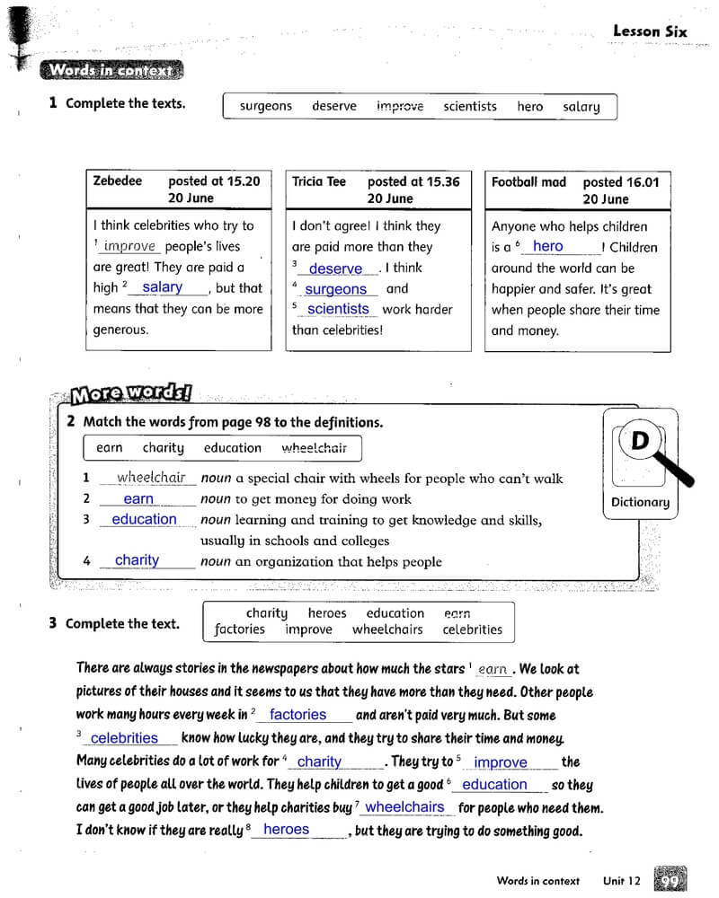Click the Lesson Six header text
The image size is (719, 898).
coord(649,31)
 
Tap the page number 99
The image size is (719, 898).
coord(670,881)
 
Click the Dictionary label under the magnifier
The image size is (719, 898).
coord(640,502)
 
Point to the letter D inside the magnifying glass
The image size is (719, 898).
coord(640,441)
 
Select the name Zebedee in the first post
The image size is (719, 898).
coord(118,180)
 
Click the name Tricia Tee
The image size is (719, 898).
coord(319,181)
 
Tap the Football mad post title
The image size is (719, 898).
coord(528,181)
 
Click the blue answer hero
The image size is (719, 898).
coord(547,246)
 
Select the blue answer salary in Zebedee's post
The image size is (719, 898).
coord(163,287)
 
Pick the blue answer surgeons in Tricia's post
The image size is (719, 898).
coord(335,289)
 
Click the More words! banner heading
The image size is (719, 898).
coord(131,393)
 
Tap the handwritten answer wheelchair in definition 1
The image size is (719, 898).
coord(151,478)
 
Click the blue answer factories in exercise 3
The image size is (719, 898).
coord(297,715)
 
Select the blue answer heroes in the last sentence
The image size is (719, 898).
coord(287,830)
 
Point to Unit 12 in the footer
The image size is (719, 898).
coord(622,881)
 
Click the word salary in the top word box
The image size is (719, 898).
coord(581,106)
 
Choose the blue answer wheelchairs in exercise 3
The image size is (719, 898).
coord(404,807)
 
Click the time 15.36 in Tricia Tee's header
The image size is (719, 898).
coord(440,181)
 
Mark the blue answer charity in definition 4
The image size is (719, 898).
coord(137,560)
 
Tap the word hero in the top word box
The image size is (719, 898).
coord(530,106)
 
